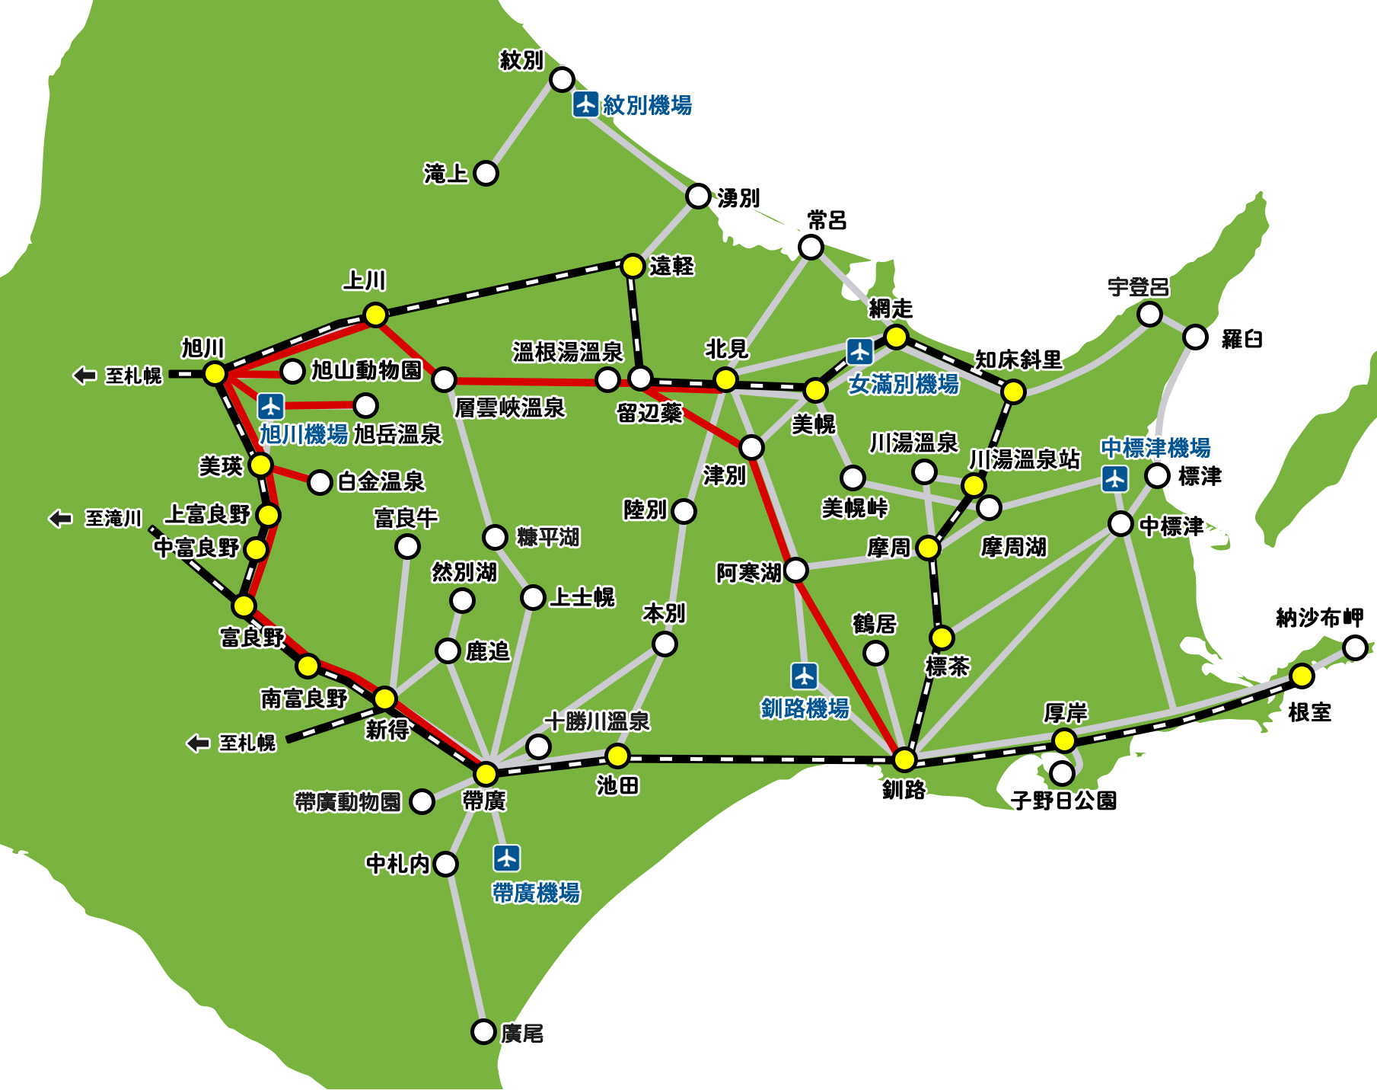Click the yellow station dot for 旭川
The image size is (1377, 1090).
pyautogui.click(x=215, y=373)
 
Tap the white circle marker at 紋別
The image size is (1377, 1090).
pyautogui.click(x=562, y=78)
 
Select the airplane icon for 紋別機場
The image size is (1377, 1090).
pyautogui.click(x=585, y=104)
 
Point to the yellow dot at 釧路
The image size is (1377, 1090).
pyautogui.click(x=904, y=759)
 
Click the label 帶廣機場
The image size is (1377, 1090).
pyautogui.click(x=536, y=892)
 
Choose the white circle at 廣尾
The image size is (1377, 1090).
pyautogui.click(x=483, y=1031)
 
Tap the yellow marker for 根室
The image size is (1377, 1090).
pyautogui.click(x=1302, y=676)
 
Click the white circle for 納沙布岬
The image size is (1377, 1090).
pyautogui.click(x=1355, y=647)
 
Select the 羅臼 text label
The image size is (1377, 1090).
pyautogui.click(x=1242, y=339)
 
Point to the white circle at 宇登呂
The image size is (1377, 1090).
pyautogui.click(x=1149, y=314)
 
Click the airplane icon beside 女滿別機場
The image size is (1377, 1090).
pyautogui.click(x=859, y=352)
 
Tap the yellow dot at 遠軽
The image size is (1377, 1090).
pyautogui.click(x=633, y=266)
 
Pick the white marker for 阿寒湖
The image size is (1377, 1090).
pyautogui.click(x=795, y=569)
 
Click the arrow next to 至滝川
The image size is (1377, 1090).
pyautogui.click(x=60, y=519)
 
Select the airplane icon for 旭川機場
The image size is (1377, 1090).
pyautogui.click(x=270, y=405)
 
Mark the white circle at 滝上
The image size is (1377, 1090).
pyautogui.click(x=486, y=173)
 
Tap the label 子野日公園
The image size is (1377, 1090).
pyautogui.click(x=1063, y=801)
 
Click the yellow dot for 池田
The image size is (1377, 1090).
pyautogui.click(x=617, y=756)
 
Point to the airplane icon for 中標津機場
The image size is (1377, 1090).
pyautogui.click(x=1115, y=479)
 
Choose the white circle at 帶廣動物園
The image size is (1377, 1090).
pyautogui.click(x=422, y=801)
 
